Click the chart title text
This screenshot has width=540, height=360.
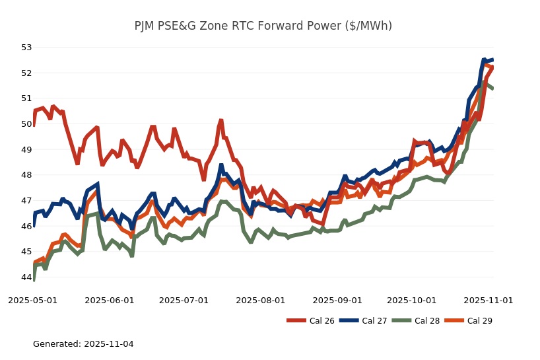[263, 26]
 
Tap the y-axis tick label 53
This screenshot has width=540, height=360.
[26, 48]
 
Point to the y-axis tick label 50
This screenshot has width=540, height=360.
[26, 124]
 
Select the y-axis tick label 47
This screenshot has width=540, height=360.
[26, 201]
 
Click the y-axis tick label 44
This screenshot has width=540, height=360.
[26, 277]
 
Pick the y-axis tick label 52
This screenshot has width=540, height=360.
[26, 73]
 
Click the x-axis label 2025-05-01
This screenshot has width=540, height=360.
[32, 300]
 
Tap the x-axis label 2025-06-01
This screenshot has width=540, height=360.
[109, 300]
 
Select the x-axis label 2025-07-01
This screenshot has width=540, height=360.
[184, 300]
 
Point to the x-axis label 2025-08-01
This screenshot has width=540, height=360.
[261, 300]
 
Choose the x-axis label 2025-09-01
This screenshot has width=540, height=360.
[337, 300]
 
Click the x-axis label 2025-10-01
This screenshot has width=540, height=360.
[412, 300]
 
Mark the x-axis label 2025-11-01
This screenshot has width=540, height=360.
[488, 300]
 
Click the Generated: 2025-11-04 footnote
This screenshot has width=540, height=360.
[83, 344]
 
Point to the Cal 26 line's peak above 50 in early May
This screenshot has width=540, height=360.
[53, 106]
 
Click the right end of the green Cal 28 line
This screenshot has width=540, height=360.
[492, 88]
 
